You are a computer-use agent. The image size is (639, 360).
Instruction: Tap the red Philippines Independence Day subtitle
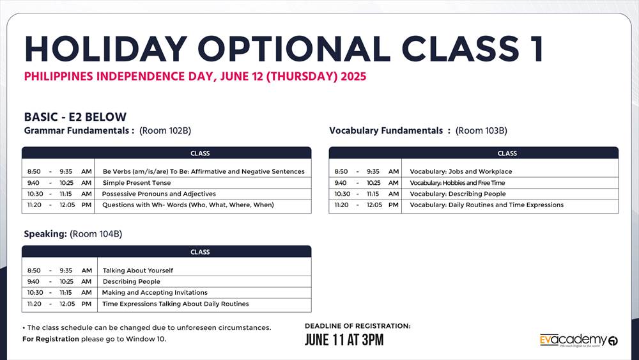coord(195,77)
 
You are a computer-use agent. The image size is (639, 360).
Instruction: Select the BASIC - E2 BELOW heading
coord(75,117)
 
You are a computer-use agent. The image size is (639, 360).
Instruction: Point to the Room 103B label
coord(481,130)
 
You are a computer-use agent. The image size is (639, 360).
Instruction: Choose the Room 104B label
coord(96,234)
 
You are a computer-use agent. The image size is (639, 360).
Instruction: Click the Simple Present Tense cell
coord(137,183)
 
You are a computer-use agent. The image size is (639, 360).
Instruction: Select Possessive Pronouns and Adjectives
coord(159,194)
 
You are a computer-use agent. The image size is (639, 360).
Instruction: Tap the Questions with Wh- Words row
coord(188,205)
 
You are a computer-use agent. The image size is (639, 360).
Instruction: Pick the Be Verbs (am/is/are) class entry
coord(203,171)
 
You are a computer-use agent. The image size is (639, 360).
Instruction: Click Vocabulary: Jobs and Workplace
coord(461,171)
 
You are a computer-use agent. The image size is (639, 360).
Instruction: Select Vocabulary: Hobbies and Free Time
coord(457,183)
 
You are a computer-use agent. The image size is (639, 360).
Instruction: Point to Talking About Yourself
coord(137,270)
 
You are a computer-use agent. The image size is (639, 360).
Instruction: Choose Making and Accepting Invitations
coord(155,293)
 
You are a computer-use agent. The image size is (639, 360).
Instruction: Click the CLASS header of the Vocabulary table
coord(507,153)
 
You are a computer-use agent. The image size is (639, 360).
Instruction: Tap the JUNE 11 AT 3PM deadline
coord(344,340)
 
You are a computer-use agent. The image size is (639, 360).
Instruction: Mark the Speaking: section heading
coord(45,234)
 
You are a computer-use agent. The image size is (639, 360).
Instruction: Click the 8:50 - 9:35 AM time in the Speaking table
coord(59,270)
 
